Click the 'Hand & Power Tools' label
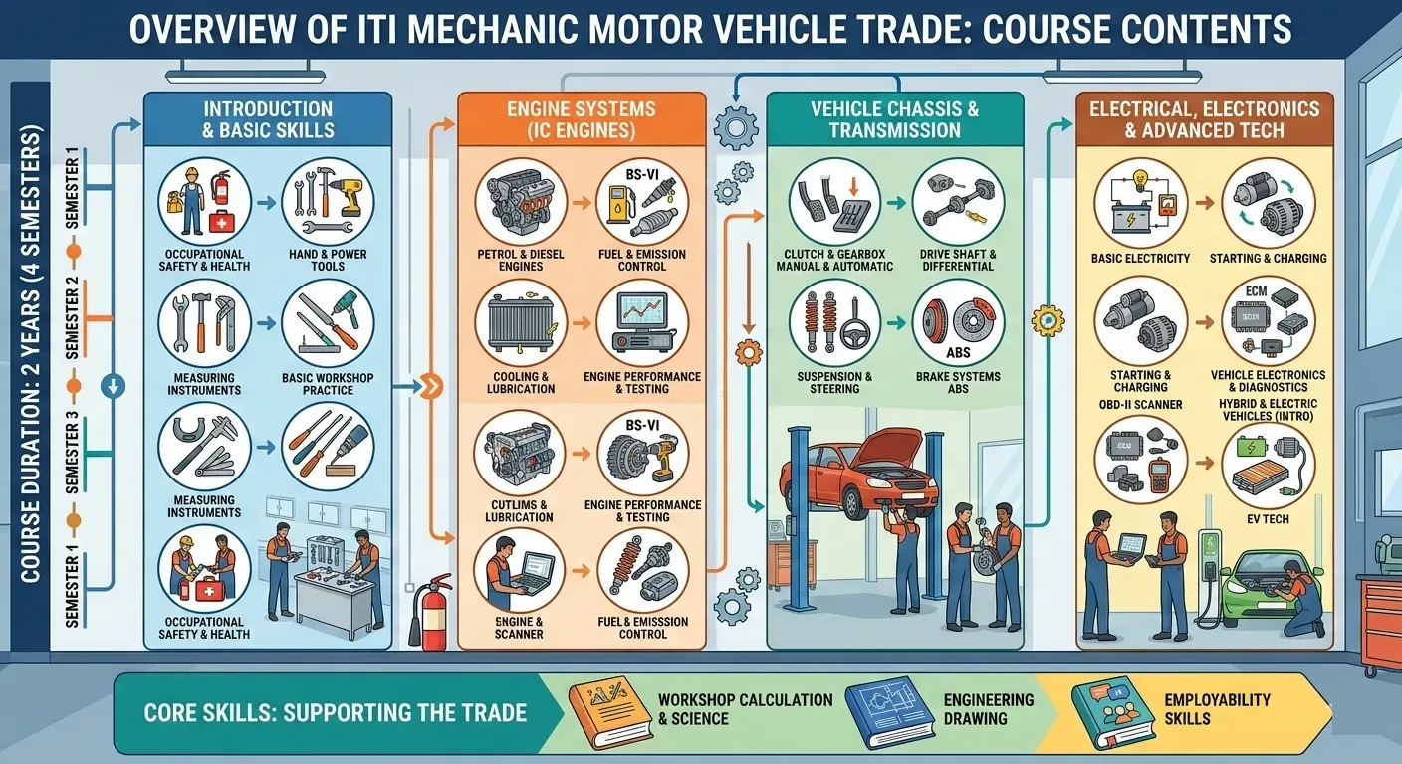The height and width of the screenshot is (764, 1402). (x=328, y=260)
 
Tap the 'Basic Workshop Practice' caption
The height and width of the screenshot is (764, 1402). (x=328, y=384)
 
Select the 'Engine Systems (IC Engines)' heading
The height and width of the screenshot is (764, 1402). (x=581, y=120)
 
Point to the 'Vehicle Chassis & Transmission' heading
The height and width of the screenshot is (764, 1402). (x=894, y=120)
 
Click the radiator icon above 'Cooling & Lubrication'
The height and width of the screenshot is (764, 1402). (x=521, y=324)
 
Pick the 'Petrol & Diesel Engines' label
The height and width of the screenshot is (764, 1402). (x=521, y=260)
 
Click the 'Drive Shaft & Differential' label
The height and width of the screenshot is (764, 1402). (x=958, y=260)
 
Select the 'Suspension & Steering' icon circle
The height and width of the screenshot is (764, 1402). (x=834, y=324)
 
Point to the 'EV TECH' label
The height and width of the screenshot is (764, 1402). (x=1268, y=519)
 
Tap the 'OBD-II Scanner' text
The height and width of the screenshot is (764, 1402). (x=1140, y=405)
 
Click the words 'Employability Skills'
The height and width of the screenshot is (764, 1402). (x=1217, y=709)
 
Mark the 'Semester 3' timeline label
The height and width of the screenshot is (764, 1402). (x=73, y=452)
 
